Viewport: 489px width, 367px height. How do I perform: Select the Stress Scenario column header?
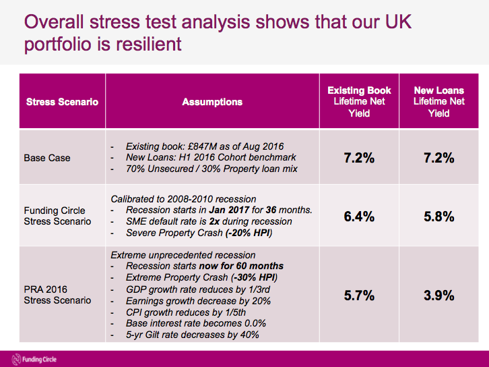[62, 102]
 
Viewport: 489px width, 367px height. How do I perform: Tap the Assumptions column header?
[212, 102]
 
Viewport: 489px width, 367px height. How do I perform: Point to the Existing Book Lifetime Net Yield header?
[359, 102]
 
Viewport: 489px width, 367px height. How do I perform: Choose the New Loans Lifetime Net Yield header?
[438, 102]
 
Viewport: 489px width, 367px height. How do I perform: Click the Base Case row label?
[47, 158]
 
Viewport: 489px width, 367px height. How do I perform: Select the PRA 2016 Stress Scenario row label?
[57, 294]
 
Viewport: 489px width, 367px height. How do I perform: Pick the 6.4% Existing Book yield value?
[359, 217]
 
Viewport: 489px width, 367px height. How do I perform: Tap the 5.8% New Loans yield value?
[438, 217]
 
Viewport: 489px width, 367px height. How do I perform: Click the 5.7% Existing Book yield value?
[359, 295]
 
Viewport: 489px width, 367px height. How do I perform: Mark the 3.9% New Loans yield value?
[438, 295]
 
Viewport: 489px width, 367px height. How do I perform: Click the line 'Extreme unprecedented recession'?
[183, 255]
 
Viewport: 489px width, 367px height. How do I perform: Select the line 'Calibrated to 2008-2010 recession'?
[183, 198]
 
